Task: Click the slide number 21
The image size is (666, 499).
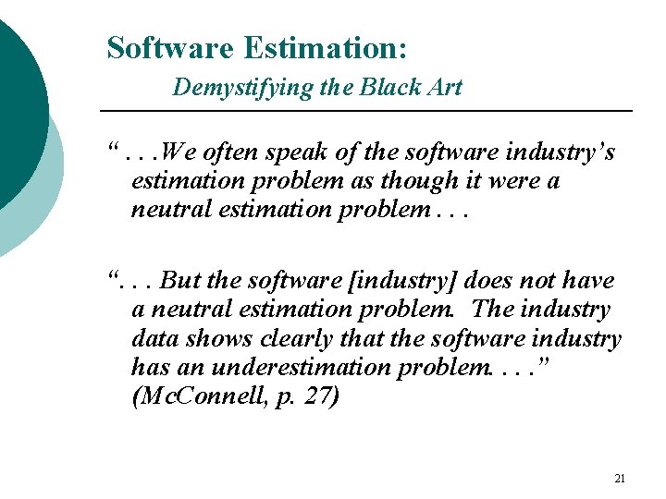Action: [620, 479]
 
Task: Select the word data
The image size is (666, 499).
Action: [154, 338]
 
